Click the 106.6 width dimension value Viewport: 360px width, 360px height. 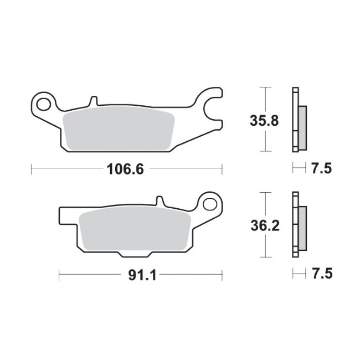[x=125, y=169]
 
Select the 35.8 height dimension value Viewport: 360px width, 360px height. [x=260, y=120]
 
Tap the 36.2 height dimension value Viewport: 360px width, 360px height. [x=260, y=225]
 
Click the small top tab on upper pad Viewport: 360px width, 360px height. [x=93, y=101]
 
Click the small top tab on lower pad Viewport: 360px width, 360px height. [x=159, y=201]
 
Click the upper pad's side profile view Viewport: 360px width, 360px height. [x=298, y=120]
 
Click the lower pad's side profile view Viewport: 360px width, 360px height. [x=298, y=225]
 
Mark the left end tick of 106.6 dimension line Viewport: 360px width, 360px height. [x=32, y=169]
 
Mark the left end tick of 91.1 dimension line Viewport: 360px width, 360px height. [x=59, y=275]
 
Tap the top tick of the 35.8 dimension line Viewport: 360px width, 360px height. [x=266, y=88]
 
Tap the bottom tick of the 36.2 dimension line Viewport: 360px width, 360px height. [x=266, y=258]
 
